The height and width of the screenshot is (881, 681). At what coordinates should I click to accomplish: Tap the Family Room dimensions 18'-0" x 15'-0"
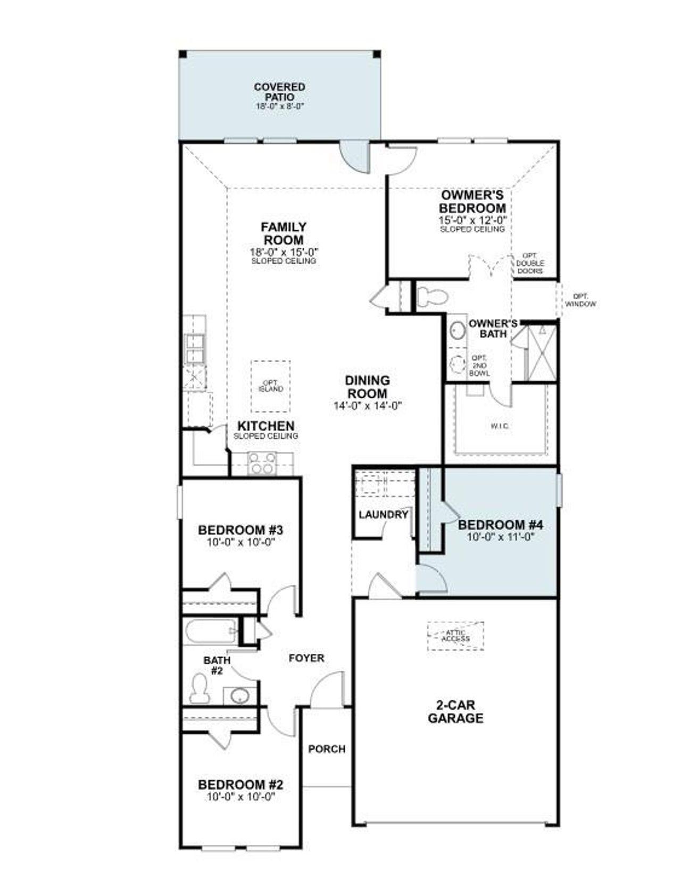point(284,252)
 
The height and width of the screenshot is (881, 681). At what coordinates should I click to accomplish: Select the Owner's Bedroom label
point(472,202)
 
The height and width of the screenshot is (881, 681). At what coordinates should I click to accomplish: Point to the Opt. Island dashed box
point(271,386)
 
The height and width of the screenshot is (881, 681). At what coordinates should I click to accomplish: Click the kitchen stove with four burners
point(262,463)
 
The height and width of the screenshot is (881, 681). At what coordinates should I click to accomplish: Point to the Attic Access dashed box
point(456,635)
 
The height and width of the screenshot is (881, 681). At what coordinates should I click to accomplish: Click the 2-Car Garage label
point(455,711)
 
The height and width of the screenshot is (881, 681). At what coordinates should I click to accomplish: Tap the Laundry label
point(383,515)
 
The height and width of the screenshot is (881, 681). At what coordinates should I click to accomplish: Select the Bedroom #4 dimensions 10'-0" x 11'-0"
point(500,537)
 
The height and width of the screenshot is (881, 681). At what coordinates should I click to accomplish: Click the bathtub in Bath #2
point(211,632)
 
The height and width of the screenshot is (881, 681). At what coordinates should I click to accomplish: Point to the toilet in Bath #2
point(200,690)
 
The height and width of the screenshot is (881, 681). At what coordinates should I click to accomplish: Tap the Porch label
point(327,749)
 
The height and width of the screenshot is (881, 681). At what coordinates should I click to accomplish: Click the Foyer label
point(306,658)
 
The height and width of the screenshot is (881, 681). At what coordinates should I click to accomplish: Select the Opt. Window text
point(580,300)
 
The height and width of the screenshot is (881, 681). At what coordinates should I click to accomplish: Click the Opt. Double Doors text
point(530,263)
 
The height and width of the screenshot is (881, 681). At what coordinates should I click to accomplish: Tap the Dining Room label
point(367,387)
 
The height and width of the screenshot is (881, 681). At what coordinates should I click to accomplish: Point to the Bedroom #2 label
point(240,784)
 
